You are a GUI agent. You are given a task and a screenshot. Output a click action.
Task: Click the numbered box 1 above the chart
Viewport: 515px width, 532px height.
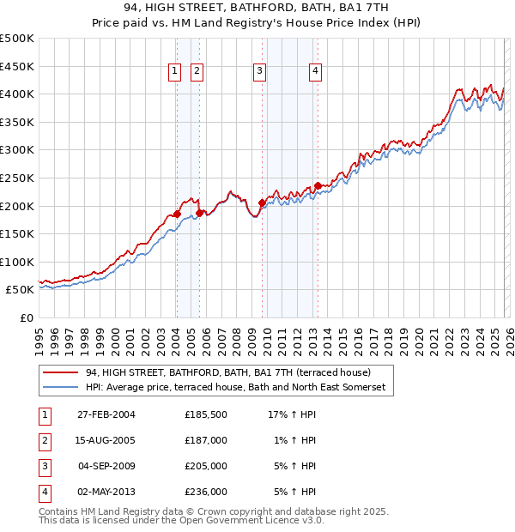pos(175,71)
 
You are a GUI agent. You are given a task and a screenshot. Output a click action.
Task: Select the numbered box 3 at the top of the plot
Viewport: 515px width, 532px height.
pos(259,71)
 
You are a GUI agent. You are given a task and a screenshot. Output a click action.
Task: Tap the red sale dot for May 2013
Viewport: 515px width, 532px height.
pos(318,185)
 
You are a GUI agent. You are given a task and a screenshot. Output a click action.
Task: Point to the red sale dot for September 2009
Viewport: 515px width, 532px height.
pos(262,203)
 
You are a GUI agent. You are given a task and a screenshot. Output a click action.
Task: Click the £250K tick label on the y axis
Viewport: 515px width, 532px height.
pos(17,178)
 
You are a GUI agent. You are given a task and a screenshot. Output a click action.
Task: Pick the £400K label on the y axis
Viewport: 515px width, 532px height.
pos(17,94)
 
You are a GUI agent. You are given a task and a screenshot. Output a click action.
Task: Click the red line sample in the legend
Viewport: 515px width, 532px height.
pos(59,372)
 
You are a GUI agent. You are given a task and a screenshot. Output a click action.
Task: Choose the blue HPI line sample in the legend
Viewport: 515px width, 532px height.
pos(59,388)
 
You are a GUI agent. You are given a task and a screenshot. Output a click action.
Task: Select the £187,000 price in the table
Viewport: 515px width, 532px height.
pos(206,440)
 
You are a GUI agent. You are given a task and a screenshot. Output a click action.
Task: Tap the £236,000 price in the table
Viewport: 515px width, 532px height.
pos(206,492)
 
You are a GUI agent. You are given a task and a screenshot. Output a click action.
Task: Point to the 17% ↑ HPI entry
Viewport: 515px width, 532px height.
pos(293,414)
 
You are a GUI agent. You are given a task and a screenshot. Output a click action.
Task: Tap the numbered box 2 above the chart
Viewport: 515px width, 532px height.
pos(197,71)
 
